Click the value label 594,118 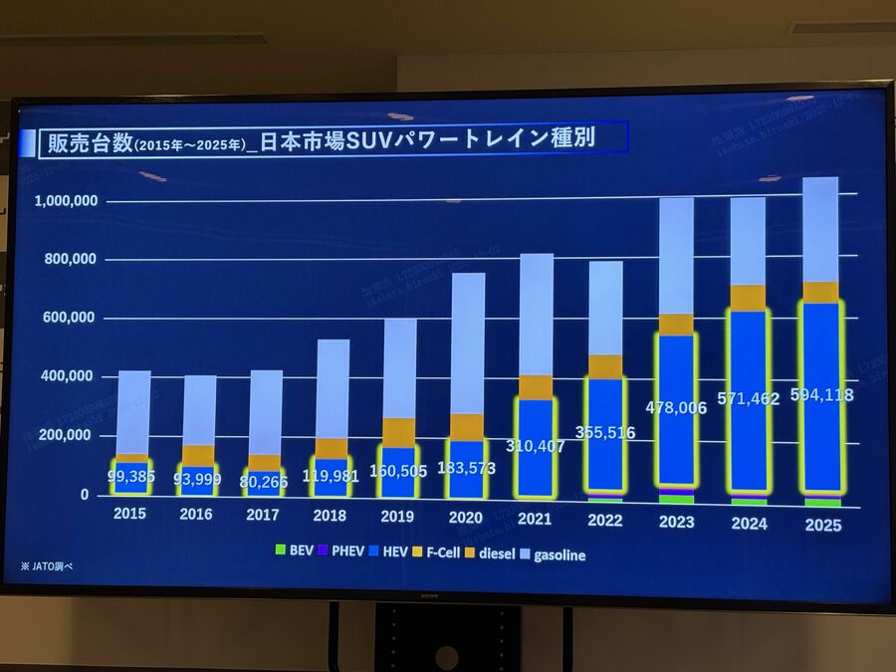point(821,394)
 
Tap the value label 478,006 point(678,407)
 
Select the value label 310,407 point(536,446)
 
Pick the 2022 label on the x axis point(604,520)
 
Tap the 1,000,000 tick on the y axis point(66,201)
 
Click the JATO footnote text point(47,565)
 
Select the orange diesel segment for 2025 point(821,292)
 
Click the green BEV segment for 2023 point(677,499)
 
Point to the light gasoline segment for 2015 point(132,412)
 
